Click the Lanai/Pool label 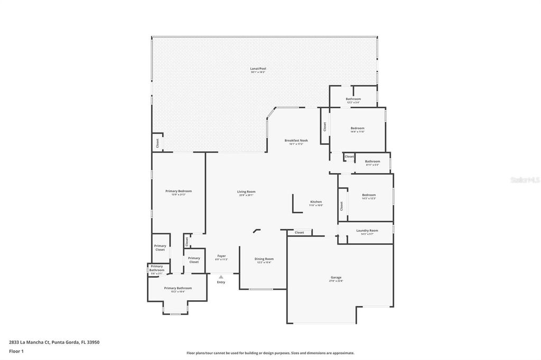click(x=258, y=69)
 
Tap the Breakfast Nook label click(x=296, y=140)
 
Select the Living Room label click(x=246, y=192)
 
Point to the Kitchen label click(x=316, y=202)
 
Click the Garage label click(x=336, y=277)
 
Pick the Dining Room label click(x=264, y=259)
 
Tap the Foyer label click(x=221, y=256)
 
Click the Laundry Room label click(x=367, y=230)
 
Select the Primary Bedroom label click(x=178, y=191)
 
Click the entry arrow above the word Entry click(x=221, y=276)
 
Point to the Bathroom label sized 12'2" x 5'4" click(x=353, y=99)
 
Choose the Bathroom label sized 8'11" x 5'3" click(x=372, y=161)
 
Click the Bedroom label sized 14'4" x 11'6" click(x=357, y=128)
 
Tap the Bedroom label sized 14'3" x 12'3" click(x=368, y=195)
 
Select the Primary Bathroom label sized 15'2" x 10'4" click(x=178, y=288)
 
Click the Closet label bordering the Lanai click(x=157, y=143)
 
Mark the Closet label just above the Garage click(x=300, y=232)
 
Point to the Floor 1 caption click(x=16, y=351)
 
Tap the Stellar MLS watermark click(x=524, y=180)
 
